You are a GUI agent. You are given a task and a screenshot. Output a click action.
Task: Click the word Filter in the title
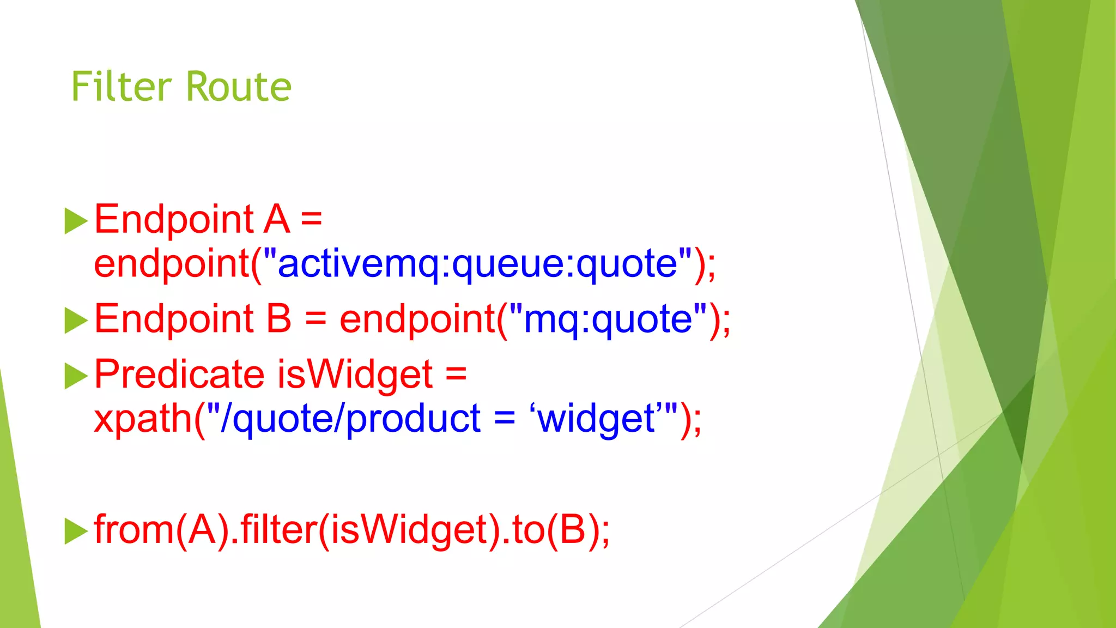tap(122, 87)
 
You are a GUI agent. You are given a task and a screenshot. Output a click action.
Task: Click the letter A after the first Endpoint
tap(277, 219)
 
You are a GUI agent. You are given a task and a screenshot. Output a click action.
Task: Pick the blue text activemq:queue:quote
tap(477, 264)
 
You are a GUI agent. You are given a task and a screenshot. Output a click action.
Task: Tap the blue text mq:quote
tap(608, 319)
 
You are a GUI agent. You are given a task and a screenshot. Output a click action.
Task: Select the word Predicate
tap(179, 375)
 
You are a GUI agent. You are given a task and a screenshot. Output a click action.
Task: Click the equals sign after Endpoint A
tap(311, 219)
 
